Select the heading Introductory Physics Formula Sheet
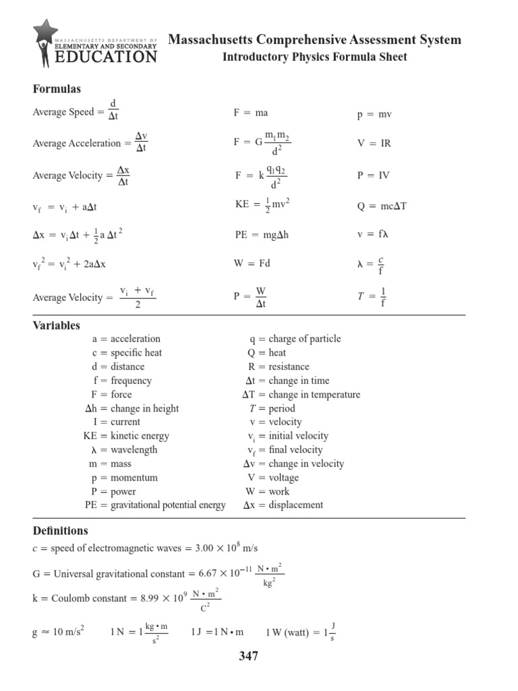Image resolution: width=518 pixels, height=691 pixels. pyautogui.click(x=314, y=57)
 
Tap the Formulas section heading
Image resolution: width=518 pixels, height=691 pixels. pyautogui.click(x=57, y=89)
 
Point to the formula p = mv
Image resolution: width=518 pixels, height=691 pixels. pyautogui.click(x=374, y=115)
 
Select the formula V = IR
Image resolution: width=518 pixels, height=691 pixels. pyautogui.click(x=374, y=144)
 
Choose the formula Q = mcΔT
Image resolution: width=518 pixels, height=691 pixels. pyautogui.click(x=382, y=206)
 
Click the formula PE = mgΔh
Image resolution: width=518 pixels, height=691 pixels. pyautogui.click(x=262, y=235)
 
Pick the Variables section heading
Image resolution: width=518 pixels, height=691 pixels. pyautogui.click(x=57, y=325)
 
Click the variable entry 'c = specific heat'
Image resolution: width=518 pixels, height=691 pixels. pyautogui.click(x=127, y=353)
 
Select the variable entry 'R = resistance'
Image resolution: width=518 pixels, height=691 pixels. pyautogui.click(x=279, y=366)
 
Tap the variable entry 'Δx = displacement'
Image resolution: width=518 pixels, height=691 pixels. pyautogui.click(x=283, y=505)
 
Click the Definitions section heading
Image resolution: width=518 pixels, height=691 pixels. pyautogui.click(x=61, y=531)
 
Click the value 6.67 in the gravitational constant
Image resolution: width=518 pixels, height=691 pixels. pyautogui.click(x=211, y=574)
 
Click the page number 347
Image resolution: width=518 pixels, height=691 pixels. pyautogui.click(x=249, y=656)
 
